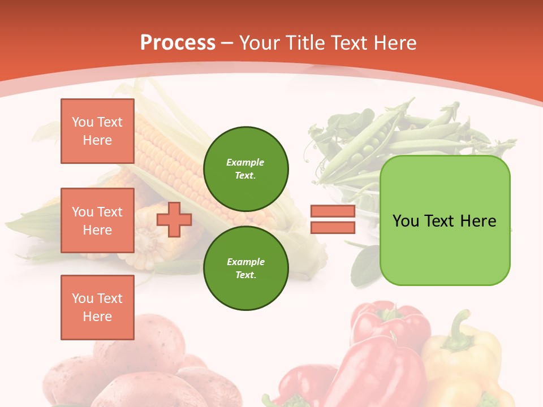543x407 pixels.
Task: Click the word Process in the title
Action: click(178, 43)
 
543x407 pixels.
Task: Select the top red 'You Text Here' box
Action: click(97, 131)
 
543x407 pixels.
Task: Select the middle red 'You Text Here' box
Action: click(97, 220)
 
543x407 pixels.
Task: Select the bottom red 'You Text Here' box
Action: click(97, 308)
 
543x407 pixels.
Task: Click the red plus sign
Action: click(174, 219)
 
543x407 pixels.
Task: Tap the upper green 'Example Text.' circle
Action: click(245, 169)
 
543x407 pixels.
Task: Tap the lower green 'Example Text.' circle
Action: click(245, 269)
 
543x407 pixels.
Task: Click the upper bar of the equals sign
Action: click(333, 211)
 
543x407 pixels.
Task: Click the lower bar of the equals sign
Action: click(333, 227)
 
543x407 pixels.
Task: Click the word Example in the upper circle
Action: click(245, 162)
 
